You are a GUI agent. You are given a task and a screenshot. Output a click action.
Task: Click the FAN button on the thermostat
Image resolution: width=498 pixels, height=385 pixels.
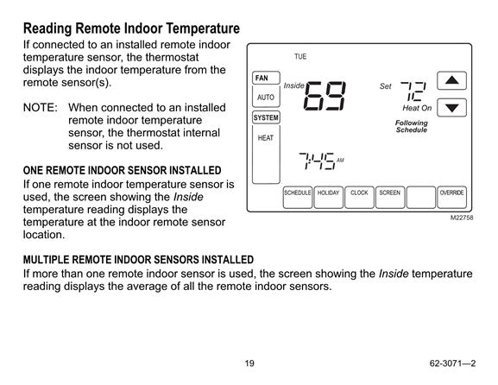(266, 78)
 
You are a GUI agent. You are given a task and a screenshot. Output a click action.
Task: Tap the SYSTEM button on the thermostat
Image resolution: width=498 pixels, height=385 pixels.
(266, 117)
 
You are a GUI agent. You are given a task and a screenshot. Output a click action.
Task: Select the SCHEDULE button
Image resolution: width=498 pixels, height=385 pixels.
(297, 198)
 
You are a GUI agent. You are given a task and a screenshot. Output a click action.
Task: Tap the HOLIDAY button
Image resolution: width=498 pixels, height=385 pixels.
(328, 198)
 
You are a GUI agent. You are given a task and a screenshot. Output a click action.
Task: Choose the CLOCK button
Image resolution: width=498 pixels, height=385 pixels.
(359, 198)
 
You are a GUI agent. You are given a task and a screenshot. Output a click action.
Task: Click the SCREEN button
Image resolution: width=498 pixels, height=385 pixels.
(390, 198)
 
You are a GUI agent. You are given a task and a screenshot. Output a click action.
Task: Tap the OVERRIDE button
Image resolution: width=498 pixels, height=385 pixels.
(451, 198)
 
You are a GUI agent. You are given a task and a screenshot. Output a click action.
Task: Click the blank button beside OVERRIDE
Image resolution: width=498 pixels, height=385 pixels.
(421, 198)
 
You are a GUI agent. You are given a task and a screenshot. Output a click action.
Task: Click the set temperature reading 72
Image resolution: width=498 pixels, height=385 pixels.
(413, 92)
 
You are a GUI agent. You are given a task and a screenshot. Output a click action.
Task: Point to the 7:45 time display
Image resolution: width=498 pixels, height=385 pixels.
(317, 161)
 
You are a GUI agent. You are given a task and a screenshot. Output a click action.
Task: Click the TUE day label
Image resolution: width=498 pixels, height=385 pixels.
(300, 57)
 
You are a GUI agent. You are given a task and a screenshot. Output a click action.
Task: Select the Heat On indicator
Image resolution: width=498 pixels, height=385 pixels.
(417, 108)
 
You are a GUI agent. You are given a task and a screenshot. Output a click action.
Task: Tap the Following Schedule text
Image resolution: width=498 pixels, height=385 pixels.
(412, 126)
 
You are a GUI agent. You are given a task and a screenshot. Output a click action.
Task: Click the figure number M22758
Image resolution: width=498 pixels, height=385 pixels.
(462, 218)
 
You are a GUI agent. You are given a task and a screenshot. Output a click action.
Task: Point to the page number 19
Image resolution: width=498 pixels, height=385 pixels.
(249, 363)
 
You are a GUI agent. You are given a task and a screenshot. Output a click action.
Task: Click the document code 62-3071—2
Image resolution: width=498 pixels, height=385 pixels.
(452, 363)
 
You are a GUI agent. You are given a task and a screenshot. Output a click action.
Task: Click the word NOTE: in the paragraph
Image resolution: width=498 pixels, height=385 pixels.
(41, 107)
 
